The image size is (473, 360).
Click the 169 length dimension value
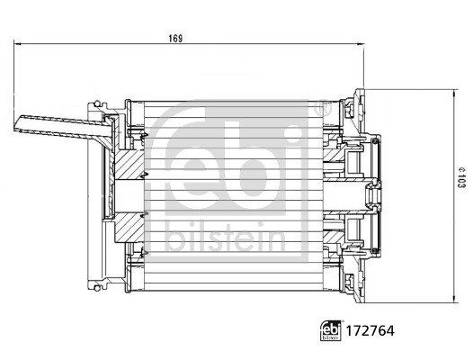175,38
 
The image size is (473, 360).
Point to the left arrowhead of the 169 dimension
18,45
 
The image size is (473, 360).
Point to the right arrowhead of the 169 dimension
359,45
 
